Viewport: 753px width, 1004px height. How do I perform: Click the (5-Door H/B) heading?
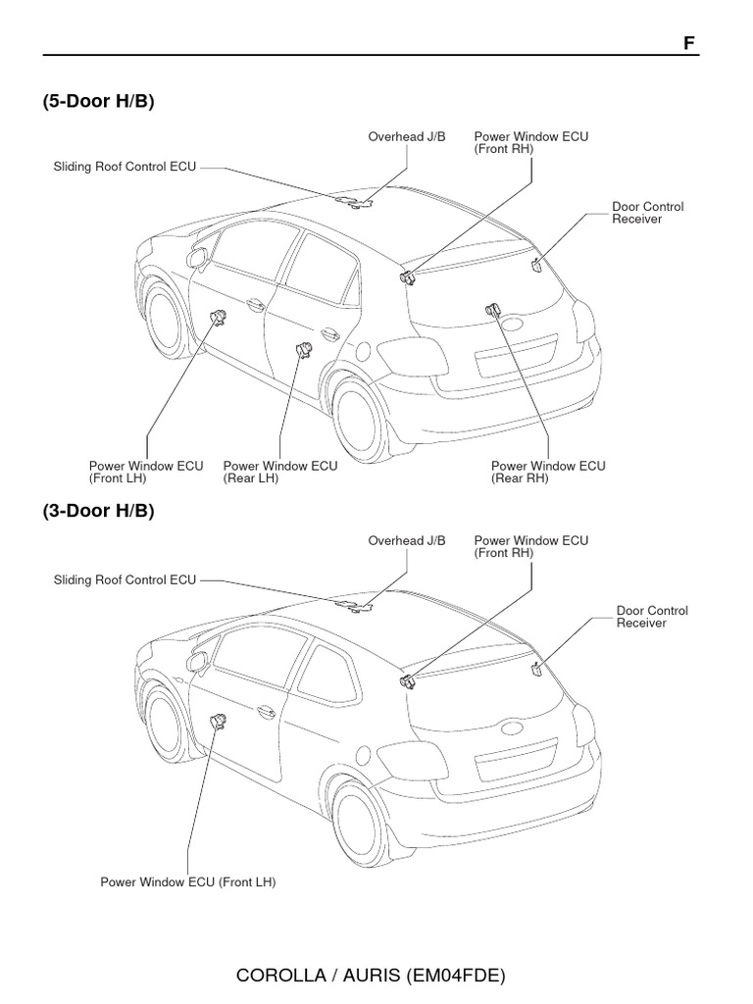tap(98, 102)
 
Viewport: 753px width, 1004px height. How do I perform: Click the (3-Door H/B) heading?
tap(98, 511)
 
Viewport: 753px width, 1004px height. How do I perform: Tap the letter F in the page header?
tap(688, 44)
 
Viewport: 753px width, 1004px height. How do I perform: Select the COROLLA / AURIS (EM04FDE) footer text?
tap(371, 976)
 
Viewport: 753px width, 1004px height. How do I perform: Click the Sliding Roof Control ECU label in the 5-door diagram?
tap(125, 167)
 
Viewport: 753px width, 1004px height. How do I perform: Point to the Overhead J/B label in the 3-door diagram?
tap(407, 540)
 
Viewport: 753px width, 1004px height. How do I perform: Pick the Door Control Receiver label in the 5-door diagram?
tap(647, 213)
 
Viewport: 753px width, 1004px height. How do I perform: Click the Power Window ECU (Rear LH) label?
tap(280, 473)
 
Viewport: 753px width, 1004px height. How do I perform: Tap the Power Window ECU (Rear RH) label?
tap(548, 473)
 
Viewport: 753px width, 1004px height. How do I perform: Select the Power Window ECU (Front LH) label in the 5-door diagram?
tap(146, 473)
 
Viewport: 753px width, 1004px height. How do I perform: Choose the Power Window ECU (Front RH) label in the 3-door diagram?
tap(531, 546)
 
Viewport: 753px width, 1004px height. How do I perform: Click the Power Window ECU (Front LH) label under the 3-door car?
tap(188, 882)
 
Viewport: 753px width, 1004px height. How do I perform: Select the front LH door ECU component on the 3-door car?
tap(220, 723)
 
